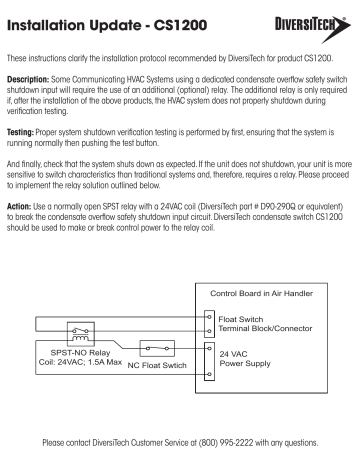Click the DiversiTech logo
tap(313, 28)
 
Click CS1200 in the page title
tap(180, 25)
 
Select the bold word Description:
tap(28, 80)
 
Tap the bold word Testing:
tap(20, 132)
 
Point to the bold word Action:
tap(19, 206)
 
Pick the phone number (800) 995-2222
tap(226, 443)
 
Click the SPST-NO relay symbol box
tap(81, 334)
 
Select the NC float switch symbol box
tap(157, 349)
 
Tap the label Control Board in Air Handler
tap(261, 293)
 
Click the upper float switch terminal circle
tap(209, 317)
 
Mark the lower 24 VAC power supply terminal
tap(209, 374)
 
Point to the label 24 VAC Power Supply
tap(245, 359)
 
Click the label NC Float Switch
tap(157, 365)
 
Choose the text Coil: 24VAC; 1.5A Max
tap(80, 362)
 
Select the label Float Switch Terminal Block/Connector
tap(265, 324)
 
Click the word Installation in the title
tap(45, 25)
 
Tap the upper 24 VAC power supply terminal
tap(209, 348)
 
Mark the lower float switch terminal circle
tap(209, 331)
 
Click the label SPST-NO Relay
tap(80, 353)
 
